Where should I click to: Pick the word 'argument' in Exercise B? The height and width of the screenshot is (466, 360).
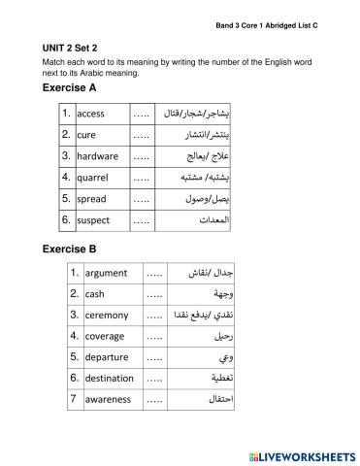[x=106, y=273]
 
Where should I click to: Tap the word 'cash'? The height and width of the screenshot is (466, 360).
[x=95, y=293]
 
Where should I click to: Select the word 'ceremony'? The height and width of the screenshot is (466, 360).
[x=108, y=315]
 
